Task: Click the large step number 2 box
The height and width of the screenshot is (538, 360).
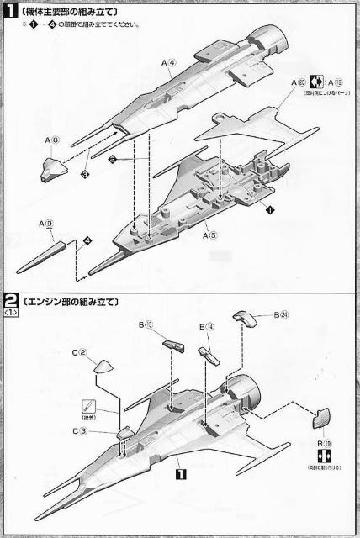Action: pyautogui.click(x=12, y=300)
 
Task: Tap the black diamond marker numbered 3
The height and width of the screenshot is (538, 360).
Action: pyautogui.click(x=85, y=173)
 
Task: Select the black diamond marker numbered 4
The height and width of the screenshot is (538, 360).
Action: pyautogui.click(x=87, y=241)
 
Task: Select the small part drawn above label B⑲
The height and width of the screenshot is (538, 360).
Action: pyautogui.click(x=323, y=417)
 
